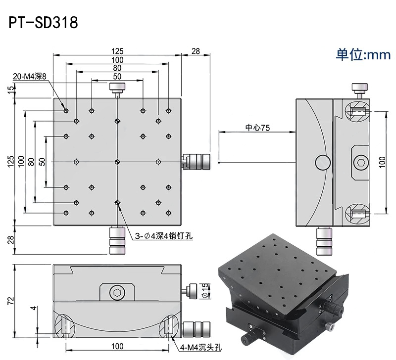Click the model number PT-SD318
tap(44, 23)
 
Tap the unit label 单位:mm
tap(363, 54)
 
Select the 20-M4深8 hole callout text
tap(30, 77)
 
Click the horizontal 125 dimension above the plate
tap(117, 51)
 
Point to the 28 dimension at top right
tap(196, 51)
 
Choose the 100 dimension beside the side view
tap(382, 162)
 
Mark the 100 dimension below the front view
tap(117, 346)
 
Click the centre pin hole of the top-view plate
tap(117, 161)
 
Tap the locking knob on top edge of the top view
tap(117, 89)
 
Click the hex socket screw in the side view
tap(361, 162)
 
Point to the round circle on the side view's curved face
tap(322, 161)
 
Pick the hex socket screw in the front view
tap(117, 293)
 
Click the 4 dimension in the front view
tap(33, 309)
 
